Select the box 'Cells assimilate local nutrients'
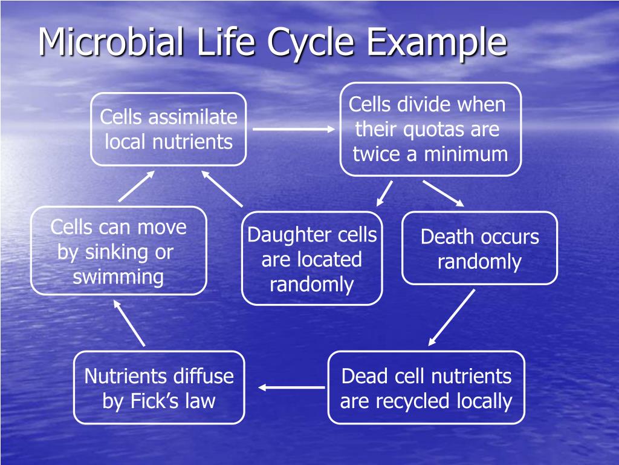(169, 129)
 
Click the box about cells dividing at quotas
(430, 129)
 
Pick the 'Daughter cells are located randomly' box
(312, 259)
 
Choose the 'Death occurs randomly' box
(479, 248)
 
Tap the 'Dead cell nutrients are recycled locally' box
(426, 387)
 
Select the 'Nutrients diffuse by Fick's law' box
(159, 387)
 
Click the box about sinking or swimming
(118, 251)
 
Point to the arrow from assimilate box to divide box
(293, 129)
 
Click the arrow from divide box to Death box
(442, 193)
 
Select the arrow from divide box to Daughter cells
(384, 193)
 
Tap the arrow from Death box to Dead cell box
(452, 317)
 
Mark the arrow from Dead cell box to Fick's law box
(292, 387)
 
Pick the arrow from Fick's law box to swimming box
(129, 324)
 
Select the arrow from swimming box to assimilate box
(137, 186)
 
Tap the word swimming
(118, 277)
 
